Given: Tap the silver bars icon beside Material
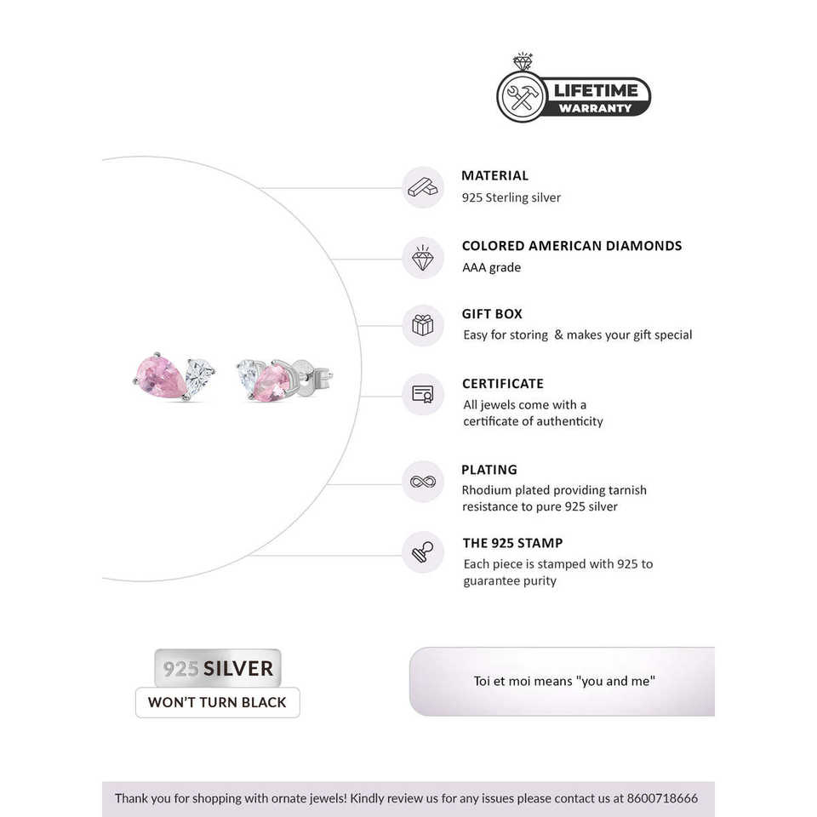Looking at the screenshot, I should point(422,187).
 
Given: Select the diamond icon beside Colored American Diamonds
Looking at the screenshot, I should point(422,258).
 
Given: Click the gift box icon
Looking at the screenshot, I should point(422,325).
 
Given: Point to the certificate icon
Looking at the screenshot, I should point(422,394).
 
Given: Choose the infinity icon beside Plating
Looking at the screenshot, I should point(422,482).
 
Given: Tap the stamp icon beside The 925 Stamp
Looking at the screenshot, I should point(422,551).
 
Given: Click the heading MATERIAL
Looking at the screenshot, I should point(494,175).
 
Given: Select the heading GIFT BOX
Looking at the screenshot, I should point(492,314).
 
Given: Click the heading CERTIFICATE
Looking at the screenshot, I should point(502,384).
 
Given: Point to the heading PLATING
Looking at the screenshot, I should point(489,470).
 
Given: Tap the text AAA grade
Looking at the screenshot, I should point(491,267).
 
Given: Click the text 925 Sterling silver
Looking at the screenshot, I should point(511,197).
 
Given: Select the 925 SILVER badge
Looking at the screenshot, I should point(218,668).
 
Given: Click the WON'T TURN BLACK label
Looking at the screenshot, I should point(218,703).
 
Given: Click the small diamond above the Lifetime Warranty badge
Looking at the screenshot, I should point(523,63).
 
